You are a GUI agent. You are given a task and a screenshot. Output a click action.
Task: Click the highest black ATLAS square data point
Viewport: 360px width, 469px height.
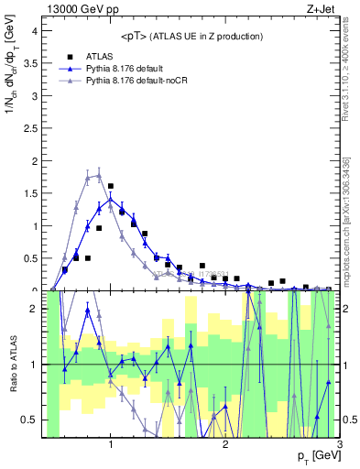[111, 186]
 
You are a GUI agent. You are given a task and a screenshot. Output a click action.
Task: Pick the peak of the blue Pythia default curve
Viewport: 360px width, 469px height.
[111, 200]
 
